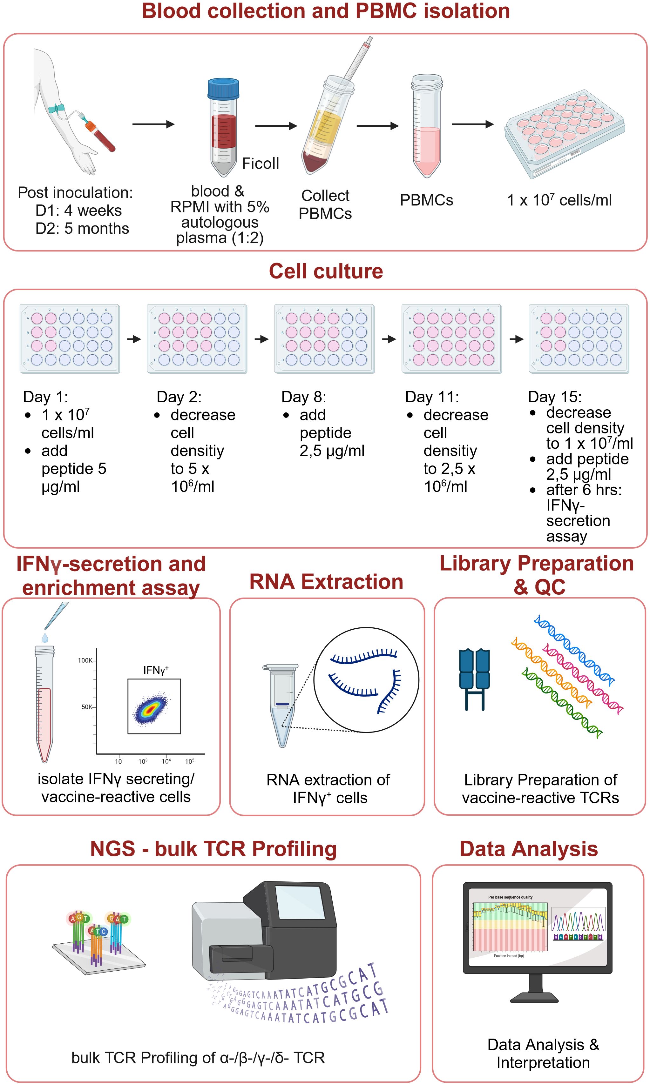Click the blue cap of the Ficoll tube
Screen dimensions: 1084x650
click(x=223, y=89)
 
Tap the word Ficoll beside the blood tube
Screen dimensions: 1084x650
click(x=260, y=163)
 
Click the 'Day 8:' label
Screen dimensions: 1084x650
click(x=303, y=397)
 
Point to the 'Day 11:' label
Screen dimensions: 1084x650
click(x=432, y=397)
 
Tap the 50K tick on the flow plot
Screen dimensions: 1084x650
click(x=87, y=706)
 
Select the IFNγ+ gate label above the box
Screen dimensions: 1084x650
click(x=155, y=670)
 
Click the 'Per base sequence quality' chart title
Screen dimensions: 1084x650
click(x=510, y=897)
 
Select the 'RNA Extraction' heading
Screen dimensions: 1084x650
click(x=326, y=582)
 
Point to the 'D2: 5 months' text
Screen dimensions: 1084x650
click(x=82, y=228)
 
